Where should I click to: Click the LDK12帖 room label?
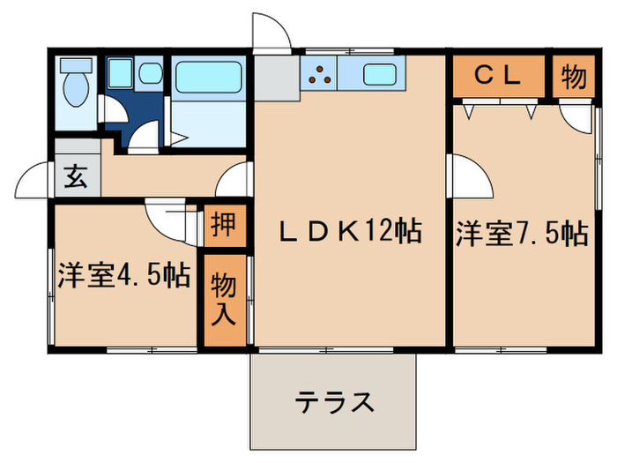pos(349,233)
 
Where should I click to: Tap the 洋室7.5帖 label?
pos(521,234)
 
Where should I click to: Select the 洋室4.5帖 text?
pos(123,275)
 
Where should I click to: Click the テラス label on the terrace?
pos(335,403)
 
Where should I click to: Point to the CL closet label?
pos(498,77)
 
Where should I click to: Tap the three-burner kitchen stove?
pos(322,76)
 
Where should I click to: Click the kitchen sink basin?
pos(379,76)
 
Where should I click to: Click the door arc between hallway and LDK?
pos(235,181)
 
